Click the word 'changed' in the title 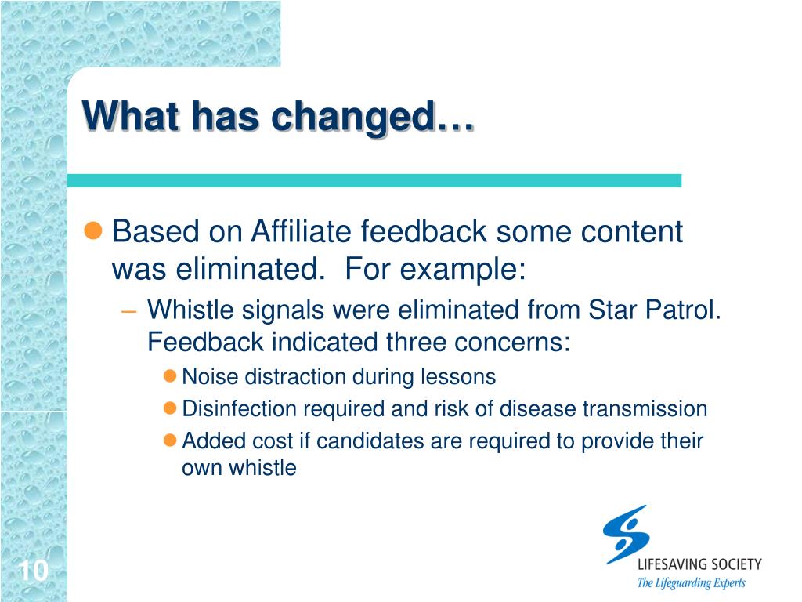tap(354, 118)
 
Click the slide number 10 tap(34, 571)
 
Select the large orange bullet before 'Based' tap(93, 230)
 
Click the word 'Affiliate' tap(302, 231)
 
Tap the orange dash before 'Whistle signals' tap(129, 311)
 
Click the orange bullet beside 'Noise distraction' tap(170, 376)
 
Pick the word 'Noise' tap(210, 377)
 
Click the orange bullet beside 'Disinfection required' tap(170, 408)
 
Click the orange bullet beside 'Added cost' tap(170, 441)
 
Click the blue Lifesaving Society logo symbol tap(627, 535)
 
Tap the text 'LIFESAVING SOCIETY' tap(699, 564)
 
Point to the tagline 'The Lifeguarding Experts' tap(691, 583)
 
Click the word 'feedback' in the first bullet tap(424, 231)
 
